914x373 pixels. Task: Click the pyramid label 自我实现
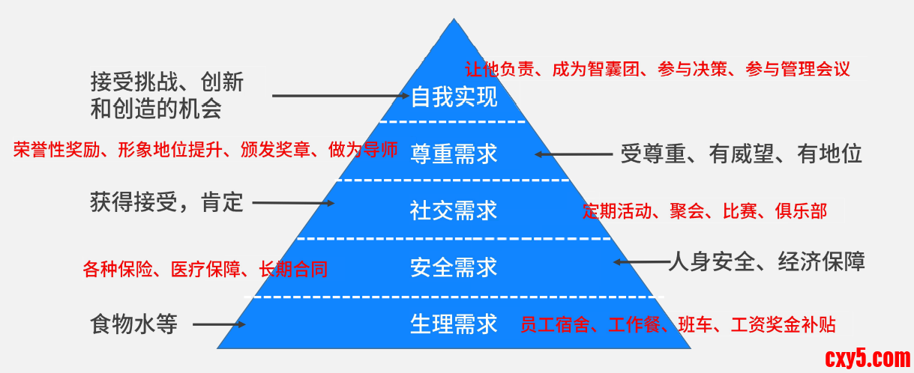point(454,97)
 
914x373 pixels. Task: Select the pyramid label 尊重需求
point(454,154)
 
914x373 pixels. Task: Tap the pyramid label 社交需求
point(454,210)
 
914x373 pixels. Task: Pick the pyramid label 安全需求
point(454,267)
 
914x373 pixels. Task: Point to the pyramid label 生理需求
point(454,324)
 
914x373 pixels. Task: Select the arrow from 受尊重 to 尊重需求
point(573,154)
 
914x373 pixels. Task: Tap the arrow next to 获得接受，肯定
point(292,202)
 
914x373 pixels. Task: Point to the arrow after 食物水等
point(219,324)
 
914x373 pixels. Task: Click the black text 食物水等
point(133,325)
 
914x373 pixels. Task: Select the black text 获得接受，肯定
point(166,201)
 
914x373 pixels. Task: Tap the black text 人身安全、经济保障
point(766,261)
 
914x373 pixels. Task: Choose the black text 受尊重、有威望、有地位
point(742,154)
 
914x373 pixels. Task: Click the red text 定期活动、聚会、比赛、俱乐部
point(705,211)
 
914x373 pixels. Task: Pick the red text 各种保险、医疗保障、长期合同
point(205,269)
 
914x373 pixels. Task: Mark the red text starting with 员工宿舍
point(678,325)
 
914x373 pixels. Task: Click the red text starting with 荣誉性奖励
point(205,150)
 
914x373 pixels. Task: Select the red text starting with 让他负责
point(658,70)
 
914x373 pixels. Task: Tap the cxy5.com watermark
point(867,357)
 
